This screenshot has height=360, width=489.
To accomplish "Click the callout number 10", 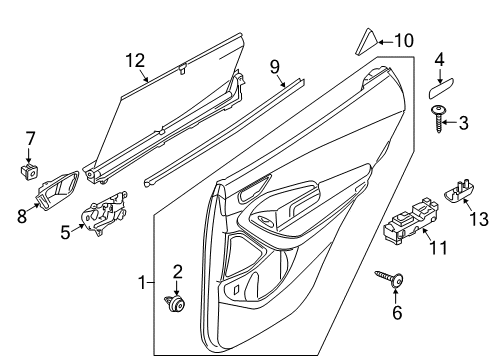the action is click(x=404, y=41).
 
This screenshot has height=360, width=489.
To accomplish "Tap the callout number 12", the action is click(x=135, y=61).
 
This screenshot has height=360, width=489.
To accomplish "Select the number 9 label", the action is click(x=275, y=67).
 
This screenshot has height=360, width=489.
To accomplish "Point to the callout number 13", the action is click(x=479, y=219).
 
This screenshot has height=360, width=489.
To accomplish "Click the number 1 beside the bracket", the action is click(x=142, y=283).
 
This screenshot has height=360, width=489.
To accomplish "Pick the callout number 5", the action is click(x=65, y=232).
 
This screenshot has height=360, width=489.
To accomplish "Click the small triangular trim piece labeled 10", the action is click(x=366, y=41).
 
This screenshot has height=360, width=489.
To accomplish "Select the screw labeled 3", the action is click(x=438, y=119).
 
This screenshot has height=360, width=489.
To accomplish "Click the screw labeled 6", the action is click(x=389, y=279).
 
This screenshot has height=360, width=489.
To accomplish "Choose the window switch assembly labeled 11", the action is click(x=410, y=221).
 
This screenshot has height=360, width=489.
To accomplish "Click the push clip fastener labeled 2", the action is click(x=176, y=303).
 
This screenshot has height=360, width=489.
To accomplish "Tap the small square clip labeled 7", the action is click(x=29, y=171).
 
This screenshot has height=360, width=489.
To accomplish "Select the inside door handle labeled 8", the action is click(x=57, y=190).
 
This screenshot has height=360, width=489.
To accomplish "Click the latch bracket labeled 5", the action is click(x=104, y=213).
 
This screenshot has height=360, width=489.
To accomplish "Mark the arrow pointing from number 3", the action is click(x=450, y=123).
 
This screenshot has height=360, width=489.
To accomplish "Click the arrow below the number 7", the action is click(x=29, y=156).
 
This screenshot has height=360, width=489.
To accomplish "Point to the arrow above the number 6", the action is click(x=396, y=296).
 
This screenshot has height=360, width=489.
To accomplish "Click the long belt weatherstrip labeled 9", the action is click(x=224, y=133).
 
